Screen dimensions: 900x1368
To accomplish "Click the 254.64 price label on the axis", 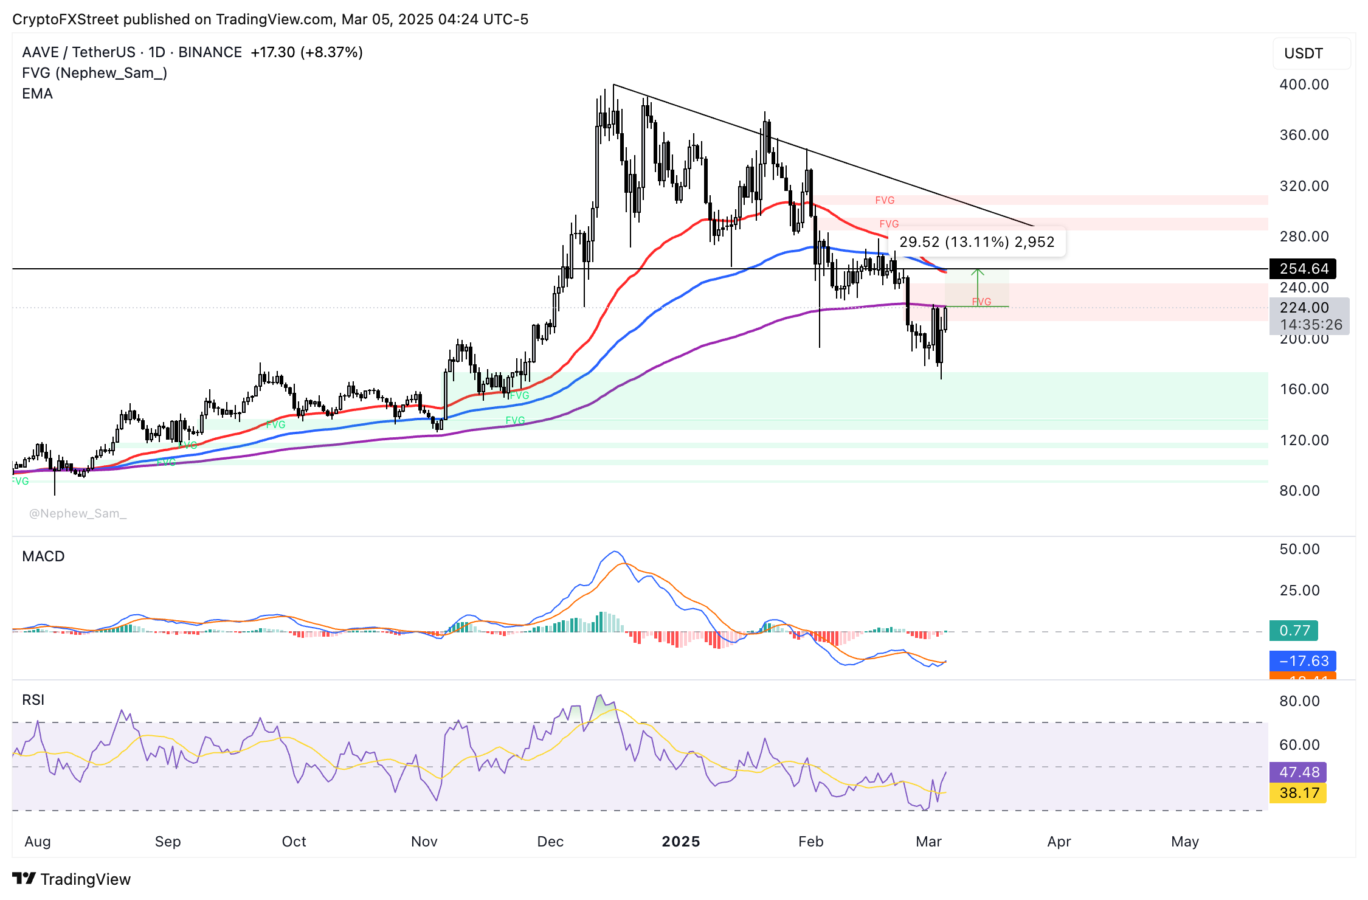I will click(x=1303, y=269).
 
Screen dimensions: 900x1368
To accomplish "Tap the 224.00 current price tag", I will click(x=1304, y=308).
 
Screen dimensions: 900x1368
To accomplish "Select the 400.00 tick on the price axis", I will click(x=1304, y=85).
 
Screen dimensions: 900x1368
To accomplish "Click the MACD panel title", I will click(x=43, y=556).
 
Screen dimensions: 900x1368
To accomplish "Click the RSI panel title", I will click(x=33, y=700).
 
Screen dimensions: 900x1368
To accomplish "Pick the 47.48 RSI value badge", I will click(x=1299, y=772).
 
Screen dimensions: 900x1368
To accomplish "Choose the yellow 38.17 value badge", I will click(x=1299, y=793).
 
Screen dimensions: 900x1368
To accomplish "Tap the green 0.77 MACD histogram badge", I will click(x=1294, y=631).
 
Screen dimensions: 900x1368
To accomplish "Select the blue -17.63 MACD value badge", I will click(x=1303, y=661).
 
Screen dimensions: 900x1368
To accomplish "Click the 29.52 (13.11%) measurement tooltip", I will click(x=976, y=242).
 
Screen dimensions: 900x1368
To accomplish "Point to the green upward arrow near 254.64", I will click(x=977, y=283).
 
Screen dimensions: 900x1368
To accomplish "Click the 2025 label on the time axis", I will click(x=680, y=842).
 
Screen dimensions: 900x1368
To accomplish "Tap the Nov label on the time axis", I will click(x=424, y=842).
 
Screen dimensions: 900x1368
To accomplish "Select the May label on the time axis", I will click(x=1184, y=842).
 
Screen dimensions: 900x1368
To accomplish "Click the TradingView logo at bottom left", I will click(x=71, y=879).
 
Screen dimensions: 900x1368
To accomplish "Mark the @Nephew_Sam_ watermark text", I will click(x=78, y=514).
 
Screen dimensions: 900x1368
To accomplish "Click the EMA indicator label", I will click(x=37, y=94).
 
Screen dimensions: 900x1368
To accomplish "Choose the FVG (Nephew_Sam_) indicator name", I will click(x=94, y=73).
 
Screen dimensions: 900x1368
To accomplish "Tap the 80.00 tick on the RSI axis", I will click(x=1299, y=701).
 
